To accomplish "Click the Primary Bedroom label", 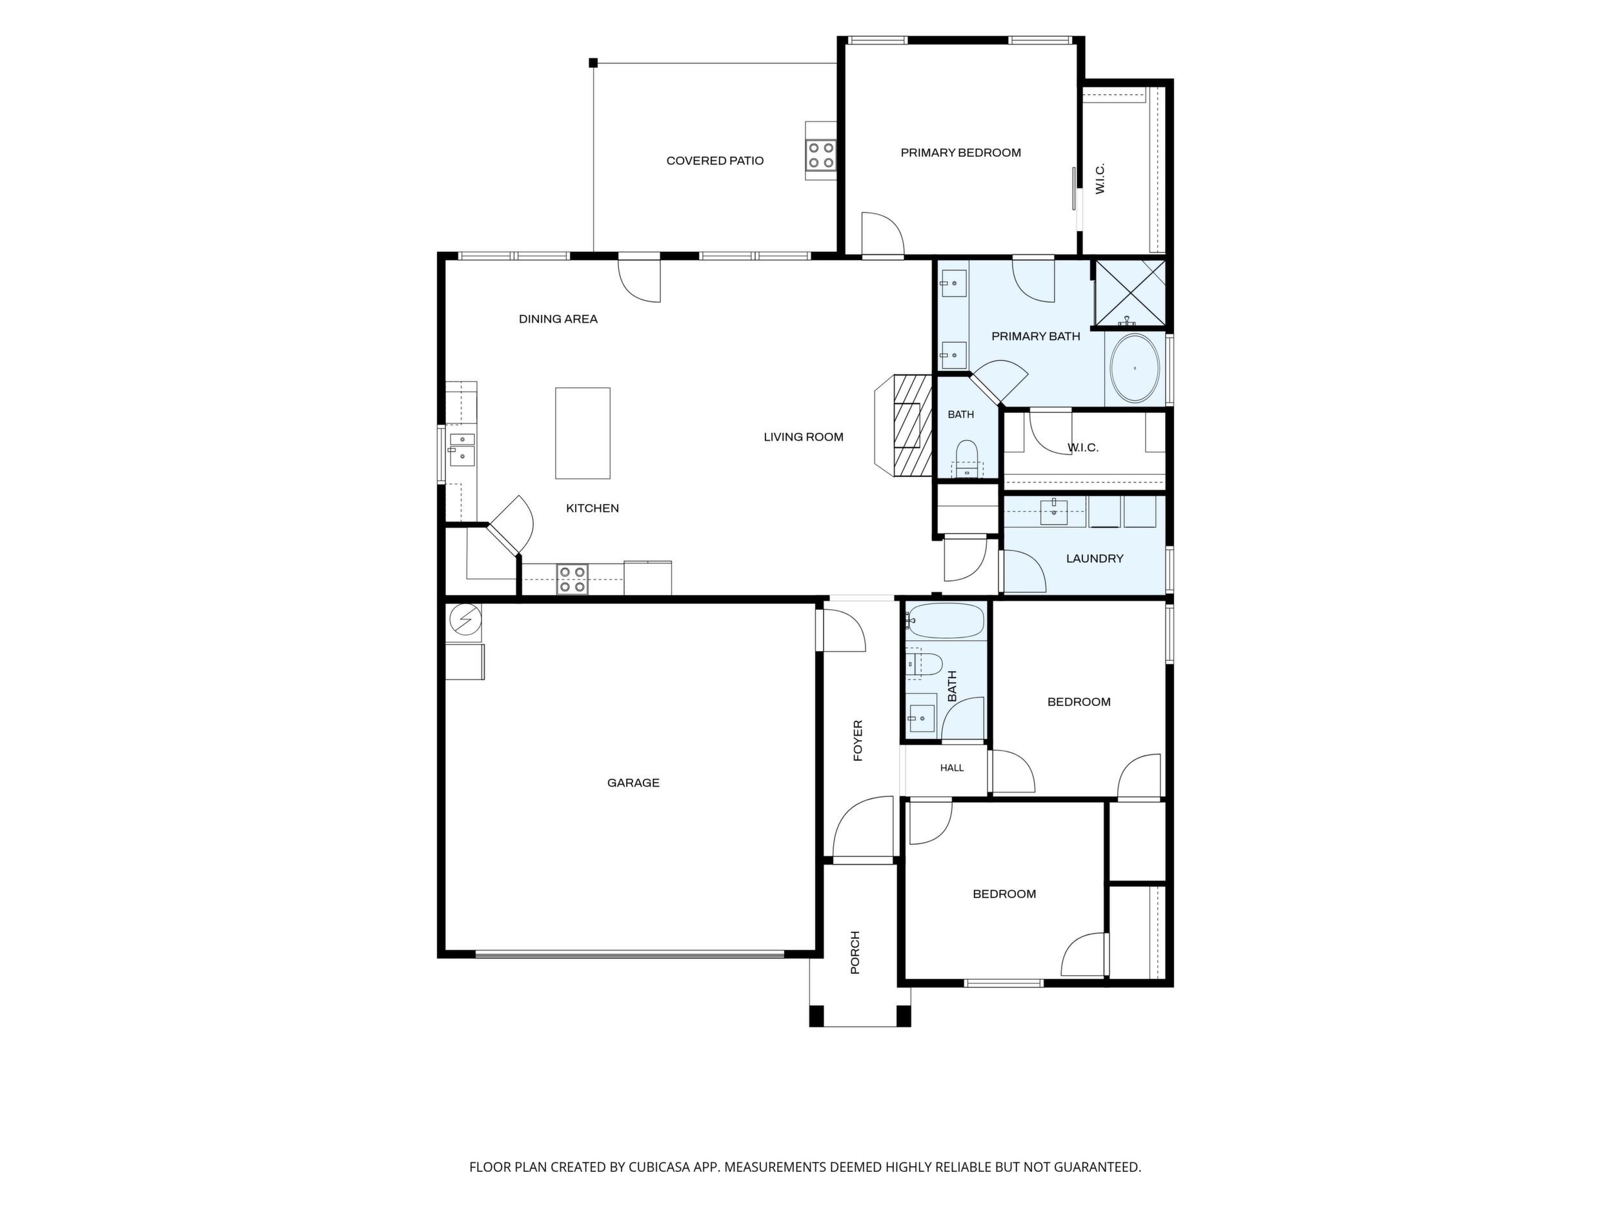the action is [960, 153].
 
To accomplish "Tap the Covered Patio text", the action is [715, 161].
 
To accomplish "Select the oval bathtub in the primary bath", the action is [1135, 368].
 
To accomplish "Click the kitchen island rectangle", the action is [583, 433].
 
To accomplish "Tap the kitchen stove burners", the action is [572, 579].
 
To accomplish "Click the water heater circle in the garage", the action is [465, 619].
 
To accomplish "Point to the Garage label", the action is [634, 783].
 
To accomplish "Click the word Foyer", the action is [858, 741].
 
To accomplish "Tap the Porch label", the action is [855, 952].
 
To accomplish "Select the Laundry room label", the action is [1095, 558].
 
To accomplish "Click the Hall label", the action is [952, 768].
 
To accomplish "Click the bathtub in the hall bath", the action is [946, 621].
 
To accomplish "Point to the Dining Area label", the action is [558, 319].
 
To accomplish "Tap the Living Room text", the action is [804, 437].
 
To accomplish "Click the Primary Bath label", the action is [1036, 336].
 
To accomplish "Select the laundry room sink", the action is [1054, 512].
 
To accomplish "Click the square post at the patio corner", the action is [594, 63].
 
